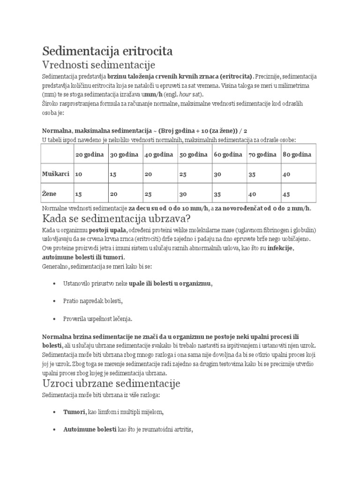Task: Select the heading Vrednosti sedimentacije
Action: click(98, 64)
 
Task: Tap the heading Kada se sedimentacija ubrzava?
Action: click(116, 219)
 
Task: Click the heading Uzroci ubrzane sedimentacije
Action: click(112, 383)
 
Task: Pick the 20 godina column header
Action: click(89, 154)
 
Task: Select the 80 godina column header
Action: click(297, 154)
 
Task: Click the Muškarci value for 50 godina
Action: click(183, 174)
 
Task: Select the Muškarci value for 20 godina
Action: click(78, 174)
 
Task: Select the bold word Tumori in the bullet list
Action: click(74, 412)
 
